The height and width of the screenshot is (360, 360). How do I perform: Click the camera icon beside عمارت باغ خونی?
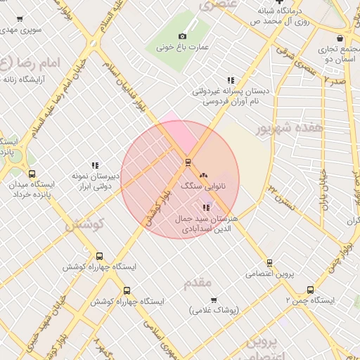[x=183, y=37]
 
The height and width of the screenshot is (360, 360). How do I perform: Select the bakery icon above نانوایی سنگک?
[x=204, y=174]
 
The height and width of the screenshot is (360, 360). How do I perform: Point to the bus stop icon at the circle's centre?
[x=188, y=162]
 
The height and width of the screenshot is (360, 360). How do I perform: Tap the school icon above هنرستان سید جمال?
[x=206, y=207]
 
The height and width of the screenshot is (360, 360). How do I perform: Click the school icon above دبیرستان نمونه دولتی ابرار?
[x=95, y=165]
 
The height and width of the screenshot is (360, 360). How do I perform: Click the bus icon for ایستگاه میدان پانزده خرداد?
[x=32, y=174]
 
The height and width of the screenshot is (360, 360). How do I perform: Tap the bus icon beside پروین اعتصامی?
[x=249, y=272]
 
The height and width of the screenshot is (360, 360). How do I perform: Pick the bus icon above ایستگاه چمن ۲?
[x=311, y=289]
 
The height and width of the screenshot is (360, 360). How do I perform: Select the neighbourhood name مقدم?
[x=197, y=283]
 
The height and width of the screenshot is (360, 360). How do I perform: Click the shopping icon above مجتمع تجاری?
[x=340, y=38]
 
